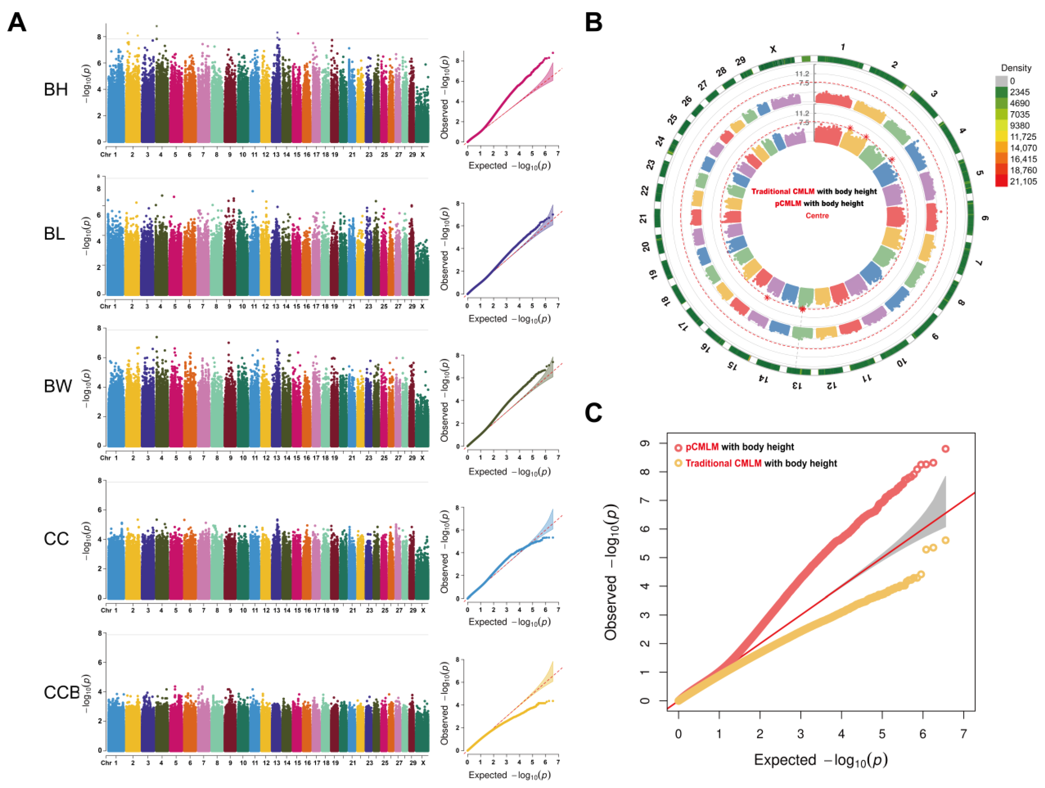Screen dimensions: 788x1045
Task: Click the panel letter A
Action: [x=17, y=22]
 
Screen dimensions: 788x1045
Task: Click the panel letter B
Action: [x=594, y=22]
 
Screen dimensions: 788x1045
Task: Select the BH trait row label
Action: [x=56, y=90]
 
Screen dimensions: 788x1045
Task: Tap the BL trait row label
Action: [x=54, y=233]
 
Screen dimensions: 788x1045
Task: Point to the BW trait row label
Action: [x=58, y=386]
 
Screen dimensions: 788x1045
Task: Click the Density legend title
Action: [x=1016, y=68]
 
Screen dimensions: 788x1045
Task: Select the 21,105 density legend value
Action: [x=1023, y=182]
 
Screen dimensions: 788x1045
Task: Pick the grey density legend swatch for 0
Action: [x=1001, y=81]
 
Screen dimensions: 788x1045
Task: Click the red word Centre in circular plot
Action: [x=817, y=215]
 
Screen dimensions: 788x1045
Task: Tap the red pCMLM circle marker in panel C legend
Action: [x=678, y=447]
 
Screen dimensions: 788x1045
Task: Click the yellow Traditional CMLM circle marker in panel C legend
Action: [x=678, y=463]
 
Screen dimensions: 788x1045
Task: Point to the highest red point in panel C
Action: [x=945, y=449]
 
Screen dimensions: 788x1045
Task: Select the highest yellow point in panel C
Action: [x=945, y=541]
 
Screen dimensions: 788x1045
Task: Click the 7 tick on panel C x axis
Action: [x=963, y=734]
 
